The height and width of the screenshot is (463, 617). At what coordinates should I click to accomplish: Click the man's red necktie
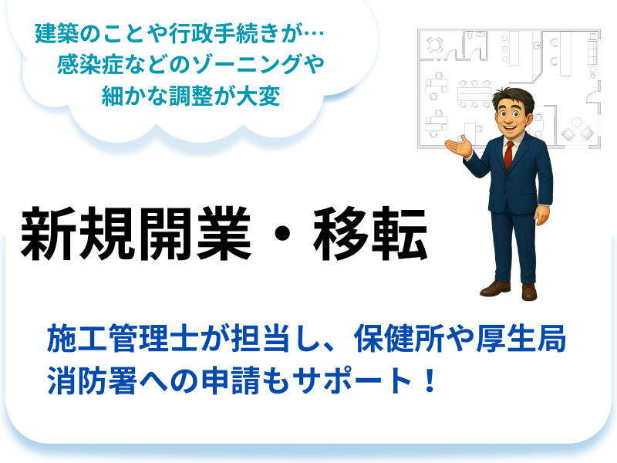click(508, 155)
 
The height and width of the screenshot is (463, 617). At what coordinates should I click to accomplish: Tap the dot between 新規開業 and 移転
click(282, 234)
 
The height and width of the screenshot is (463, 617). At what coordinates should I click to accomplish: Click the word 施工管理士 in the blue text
click(123, 338)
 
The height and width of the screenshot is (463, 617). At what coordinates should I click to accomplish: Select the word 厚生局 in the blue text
click(521, 338)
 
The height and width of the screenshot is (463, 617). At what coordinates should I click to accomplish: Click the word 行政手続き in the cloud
click(224, 33)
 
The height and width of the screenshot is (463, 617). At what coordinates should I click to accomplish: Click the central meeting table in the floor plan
click(474, 94)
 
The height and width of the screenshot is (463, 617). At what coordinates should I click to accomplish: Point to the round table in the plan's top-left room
click(434, 44)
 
